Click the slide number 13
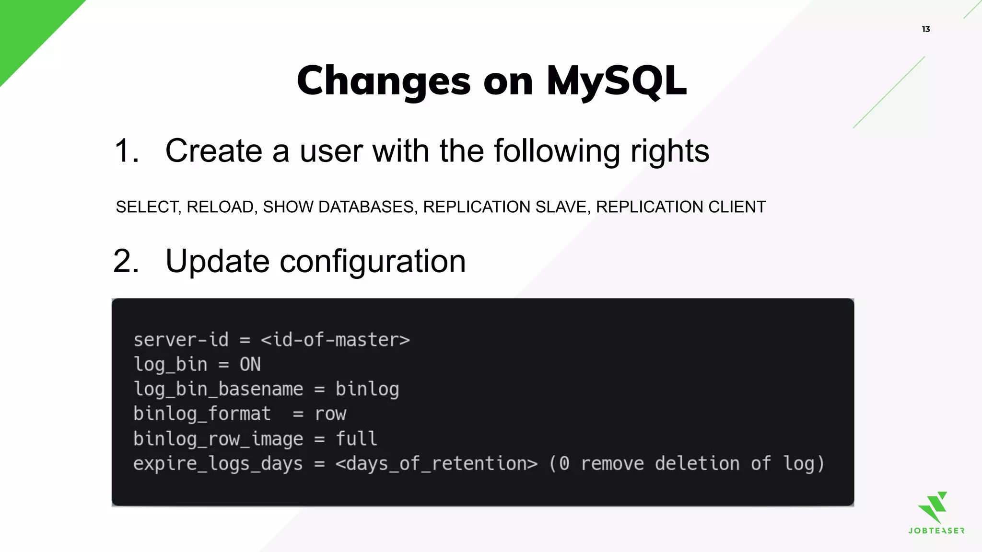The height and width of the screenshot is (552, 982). click(x=925, y=29)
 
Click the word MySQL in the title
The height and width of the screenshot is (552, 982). click(x=616, y=80)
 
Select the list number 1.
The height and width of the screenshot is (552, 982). click(x=126, y=151)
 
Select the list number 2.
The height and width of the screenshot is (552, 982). click(x=126, y=262)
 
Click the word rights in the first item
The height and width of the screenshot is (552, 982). click(x=669, y=151)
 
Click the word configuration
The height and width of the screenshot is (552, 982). click(x=372, y=262)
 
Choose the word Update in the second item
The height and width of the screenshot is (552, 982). click(x=217, y=262)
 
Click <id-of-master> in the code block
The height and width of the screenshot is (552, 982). click(x=335, y=340)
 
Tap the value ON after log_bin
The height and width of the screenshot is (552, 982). click(x=250, y=365)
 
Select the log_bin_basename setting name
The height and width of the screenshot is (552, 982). click(x=218, y=390)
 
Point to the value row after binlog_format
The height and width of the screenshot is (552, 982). click(x=330, y=414)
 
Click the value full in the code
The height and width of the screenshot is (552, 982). click(x=356, y=439)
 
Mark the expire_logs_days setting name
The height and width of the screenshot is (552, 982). click(x=218, y=464)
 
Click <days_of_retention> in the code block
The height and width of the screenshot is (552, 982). click(x=436, y=464)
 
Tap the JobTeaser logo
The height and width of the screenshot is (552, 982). click(x=936, y=513)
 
